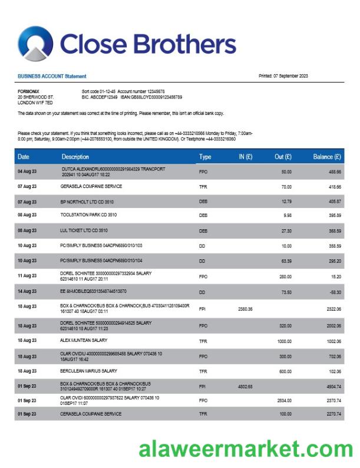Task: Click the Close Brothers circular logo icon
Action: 35,44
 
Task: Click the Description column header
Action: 75,157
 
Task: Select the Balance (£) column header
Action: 327,157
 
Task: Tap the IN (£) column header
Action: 245,157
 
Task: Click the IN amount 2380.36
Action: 245,308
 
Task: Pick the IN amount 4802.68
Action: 245,387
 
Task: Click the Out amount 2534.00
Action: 284,400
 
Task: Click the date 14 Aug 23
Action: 27,291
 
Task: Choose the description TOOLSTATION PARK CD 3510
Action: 88,215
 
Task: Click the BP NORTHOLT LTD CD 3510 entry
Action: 87,201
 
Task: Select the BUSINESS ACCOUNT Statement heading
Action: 52,76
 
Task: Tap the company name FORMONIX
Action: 28,91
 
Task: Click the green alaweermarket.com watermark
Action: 245,450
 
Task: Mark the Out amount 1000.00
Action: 284,340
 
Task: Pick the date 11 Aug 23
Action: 27,275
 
